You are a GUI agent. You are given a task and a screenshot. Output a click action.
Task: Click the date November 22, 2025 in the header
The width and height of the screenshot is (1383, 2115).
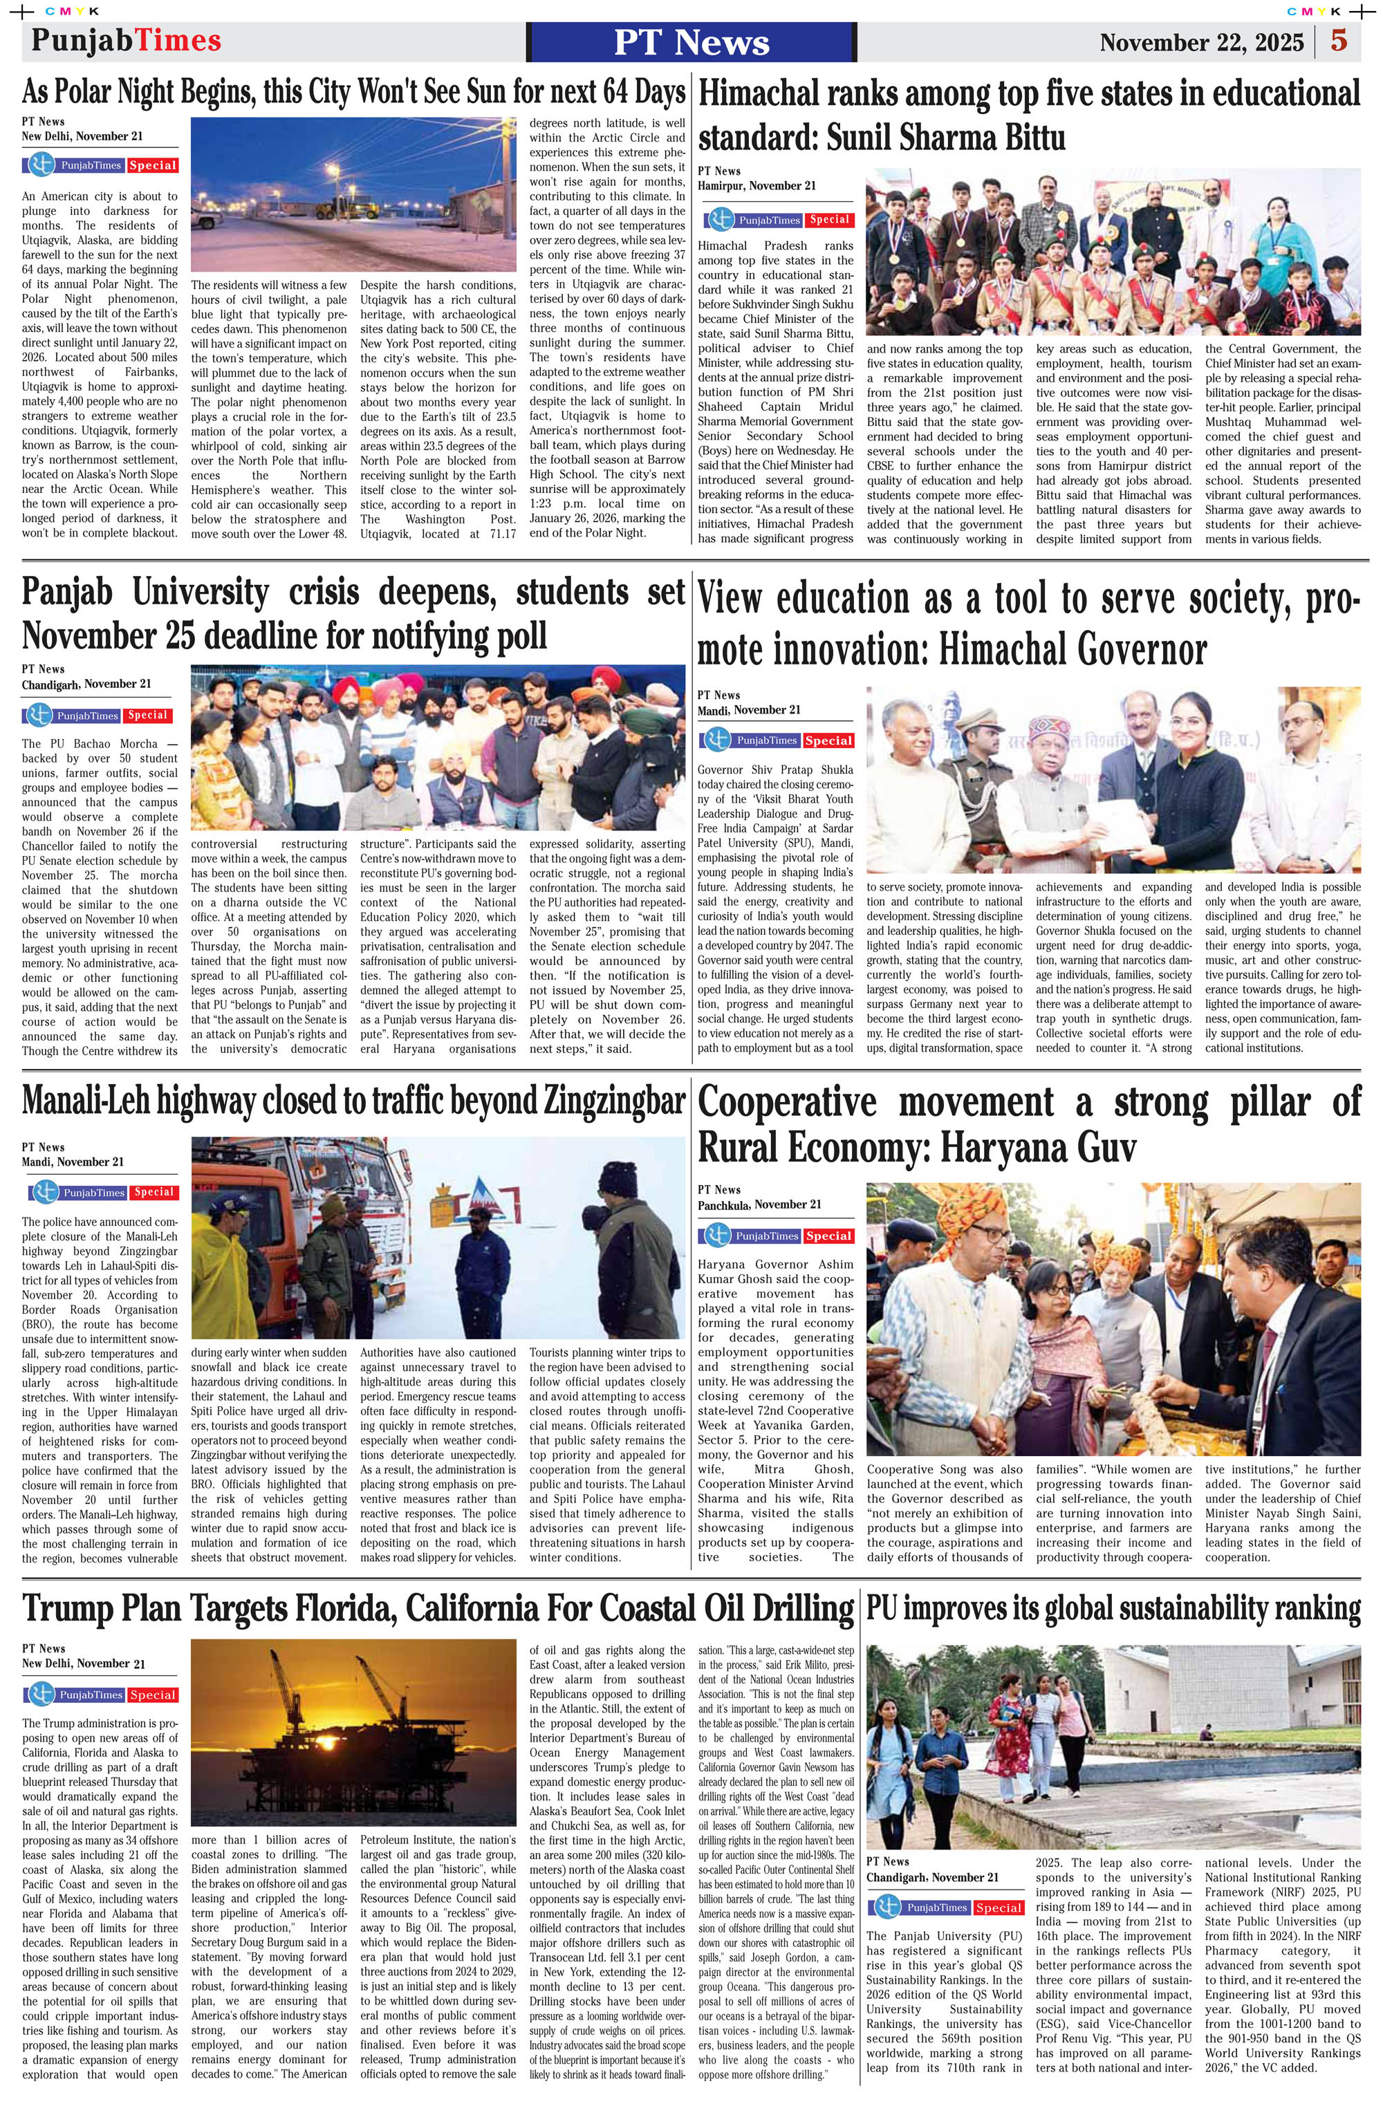tap(1201, 43)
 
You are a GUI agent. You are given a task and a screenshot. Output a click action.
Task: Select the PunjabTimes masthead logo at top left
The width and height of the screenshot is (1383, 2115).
tap(125, 41)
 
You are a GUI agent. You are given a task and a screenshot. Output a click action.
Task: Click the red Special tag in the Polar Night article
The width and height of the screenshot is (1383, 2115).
tap(153, 166)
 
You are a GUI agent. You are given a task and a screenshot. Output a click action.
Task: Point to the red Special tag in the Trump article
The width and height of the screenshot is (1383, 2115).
tap(153, 1695)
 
